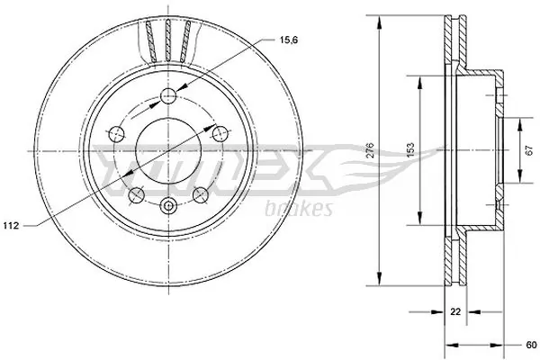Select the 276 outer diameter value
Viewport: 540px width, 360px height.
coord(370,151)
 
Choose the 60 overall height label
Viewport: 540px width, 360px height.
coord(532,342)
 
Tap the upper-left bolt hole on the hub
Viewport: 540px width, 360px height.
coord(115,134)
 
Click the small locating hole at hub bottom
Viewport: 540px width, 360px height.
coord(168,206)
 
